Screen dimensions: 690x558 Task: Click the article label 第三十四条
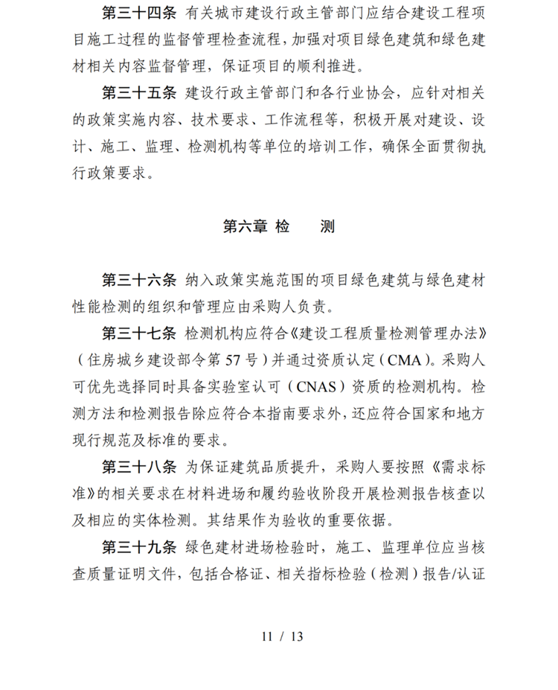coord(138,15)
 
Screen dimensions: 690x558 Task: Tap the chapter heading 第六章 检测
coord(278,226)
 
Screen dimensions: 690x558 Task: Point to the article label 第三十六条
coord(138,279)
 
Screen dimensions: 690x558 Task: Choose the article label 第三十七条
coord(138,331)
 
